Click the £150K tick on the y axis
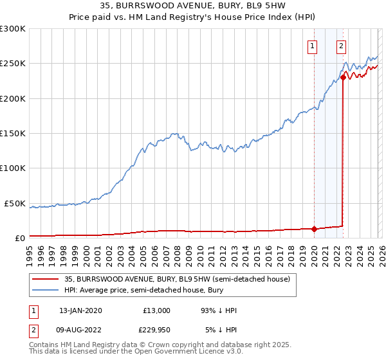(13, 133)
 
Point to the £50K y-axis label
(15, 203)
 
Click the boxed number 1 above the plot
(313, 46)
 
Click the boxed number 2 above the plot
(340, 46)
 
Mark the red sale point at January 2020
(314, 229)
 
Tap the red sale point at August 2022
(343, 77)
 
